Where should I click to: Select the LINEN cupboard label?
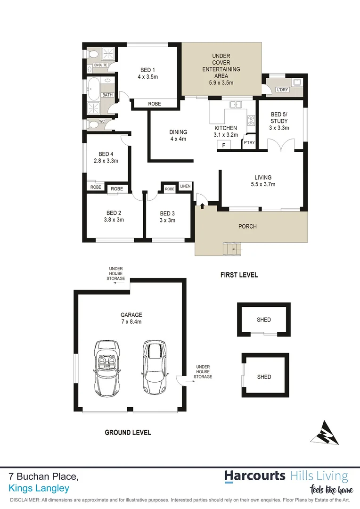coord(185,187)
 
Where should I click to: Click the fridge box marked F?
coord(224,145)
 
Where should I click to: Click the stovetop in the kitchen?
coord(251,120)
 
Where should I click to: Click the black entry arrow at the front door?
coord(203,205)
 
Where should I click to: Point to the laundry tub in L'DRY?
coord(297,83)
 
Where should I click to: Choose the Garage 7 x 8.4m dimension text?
coord(131,318)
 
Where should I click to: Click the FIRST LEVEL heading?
coord(239,275)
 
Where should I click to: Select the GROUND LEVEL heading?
coord(128,432)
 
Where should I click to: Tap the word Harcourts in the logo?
coord(255,476)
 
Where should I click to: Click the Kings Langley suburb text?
coord(39,488)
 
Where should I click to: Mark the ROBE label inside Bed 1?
coord(155,104)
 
